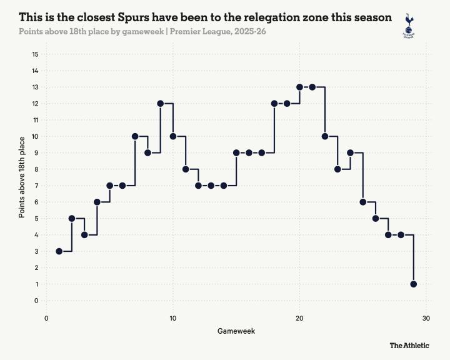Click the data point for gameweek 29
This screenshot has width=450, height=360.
click(414, 284)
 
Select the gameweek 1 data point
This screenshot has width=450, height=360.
click(59, 251)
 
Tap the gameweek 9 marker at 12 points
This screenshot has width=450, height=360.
click(161, 103)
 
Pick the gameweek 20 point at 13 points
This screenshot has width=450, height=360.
click(300, 87)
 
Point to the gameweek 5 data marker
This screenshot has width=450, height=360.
click(110, 186)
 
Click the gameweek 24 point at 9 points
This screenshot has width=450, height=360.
click(351, 152)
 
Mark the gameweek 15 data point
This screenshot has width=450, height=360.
click(236, 152)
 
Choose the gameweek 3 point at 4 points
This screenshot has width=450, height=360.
click(84, 234)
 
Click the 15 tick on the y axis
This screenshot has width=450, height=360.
click(35, 54)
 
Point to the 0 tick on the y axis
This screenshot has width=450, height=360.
click(36, 301)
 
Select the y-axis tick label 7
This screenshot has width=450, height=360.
click(36, 186)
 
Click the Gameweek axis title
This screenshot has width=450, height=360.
click(236, 330)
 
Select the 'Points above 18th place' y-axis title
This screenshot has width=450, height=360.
click(22, 177)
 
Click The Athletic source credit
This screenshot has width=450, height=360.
click(409, 345)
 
